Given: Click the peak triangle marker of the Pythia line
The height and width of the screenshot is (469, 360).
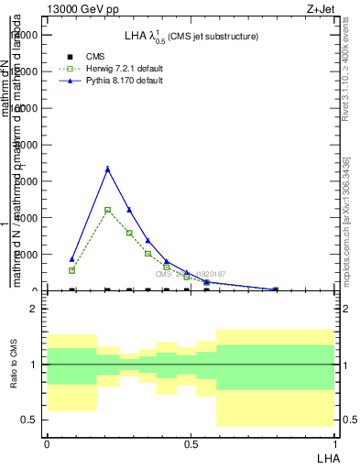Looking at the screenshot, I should pyautogui.click(x=108, y=169).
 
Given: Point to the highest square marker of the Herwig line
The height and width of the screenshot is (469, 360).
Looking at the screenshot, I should pyautogui.click(x=108, y=210).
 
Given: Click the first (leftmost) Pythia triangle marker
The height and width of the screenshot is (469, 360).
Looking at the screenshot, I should pyautogui.click(x=72, y=259).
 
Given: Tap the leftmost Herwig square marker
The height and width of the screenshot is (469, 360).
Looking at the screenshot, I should pyautogui.click(x=72, y=270).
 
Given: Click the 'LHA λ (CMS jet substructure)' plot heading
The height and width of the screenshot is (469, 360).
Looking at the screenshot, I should pyautogui.click(x=191, y=37).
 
